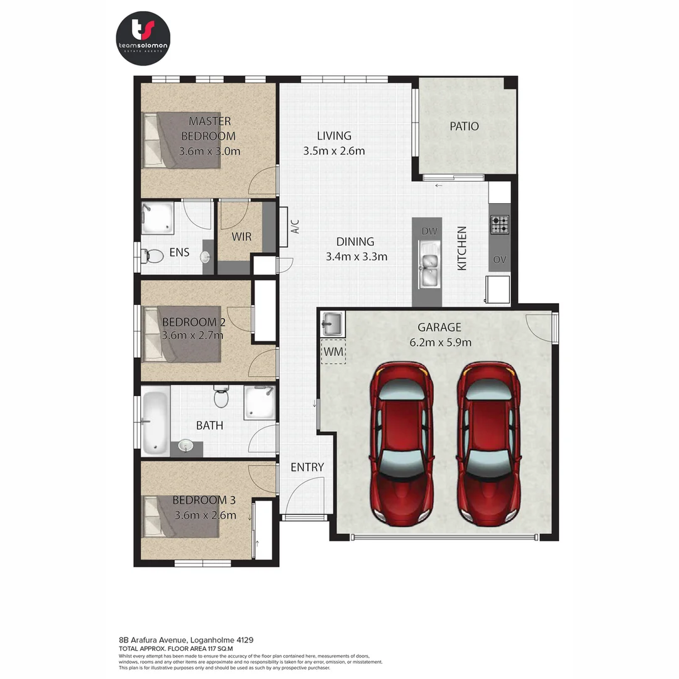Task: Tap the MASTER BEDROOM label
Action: pyautogui.click(x=209, y=128)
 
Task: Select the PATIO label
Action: pyautogui.click(x=464, y=126)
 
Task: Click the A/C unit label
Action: pyautogui.click(x=295, y=227)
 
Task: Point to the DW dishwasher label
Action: pyautogui.click(x=429, y=231)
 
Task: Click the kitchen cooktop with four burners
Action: pyautogui.click(x=500, y=224)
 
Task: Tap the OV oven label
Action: pyautogui.click(x=500, y=260)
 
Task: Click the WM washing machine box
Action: pyautogui.click(x=333, y=352)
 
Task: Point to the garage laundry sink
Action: pyautogui.click(x=332, y=325)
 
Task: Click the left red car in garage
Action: pyautogui.click(x=402, y=443)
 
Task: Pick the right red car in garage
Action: pyautogui.click(x=489, y=443)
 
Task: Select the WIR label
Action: pyautogui.click(x=241, y=237)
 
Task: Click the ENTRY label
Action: pyautogui.click(x=307, y=467)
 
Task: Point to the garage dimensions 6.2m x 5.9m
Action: pyautogui.click(x=440, y=343)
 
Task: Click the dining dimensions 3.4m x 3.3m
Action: pyautogui.click(x=356, y=257)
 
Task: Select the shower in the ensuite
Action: pyautogui.click(x=158, y=217)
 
